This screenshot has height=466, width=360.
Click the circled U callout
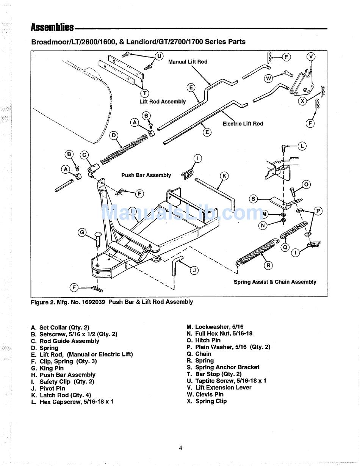tap(159, 56)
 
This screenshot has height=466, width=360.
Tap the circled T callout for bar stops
tap(144, 93)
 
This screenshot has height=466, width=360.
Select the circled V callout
tap(311, 57)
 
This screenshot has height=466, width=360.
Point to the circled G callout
tap(82, 232)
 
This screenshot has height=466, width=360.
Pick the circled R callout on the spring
tap(268, 265)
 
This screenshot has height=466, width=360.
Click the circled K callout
tap(224, 176)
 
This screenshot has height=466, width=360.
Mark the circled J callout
tap(194, 270)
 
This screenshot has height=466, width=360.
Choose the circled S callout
tap(253, 199)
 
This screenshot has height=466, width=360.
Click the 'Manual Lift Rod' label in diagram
tap(188, 62)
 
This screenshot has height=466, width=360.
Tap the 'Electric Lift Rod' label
tap(243, 124)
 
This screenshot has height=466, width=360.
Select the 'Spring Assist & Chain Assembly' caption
tap(275, 282)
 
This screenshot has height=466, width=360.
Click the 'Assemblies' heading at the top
tap(52, 28)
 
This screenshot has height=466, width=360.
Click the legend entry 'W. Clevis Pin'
tap(205, 394)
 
